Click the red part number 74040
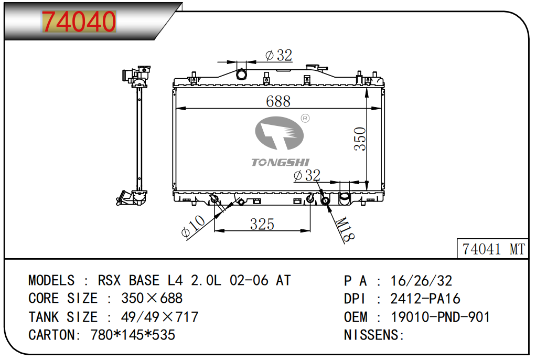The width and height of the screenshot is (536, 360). point(79,21)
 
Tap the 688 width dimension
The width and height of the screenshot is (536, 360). point(278,101)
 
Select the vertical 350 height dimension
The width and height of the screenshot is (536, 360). point(360,139)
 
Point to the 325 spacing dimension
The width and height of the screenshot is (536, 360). point(262,224)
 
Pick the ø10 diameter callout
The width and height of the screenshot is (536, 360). point(193,226)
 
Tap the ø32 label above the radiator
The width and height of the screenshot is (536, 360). point(278,55)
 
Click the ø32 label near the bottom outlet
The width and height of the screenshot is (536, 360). point(307,176)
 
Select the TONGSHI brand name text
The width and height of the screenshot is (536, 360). point(280,162)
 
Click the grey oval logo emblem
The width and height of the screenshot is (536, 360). point(280,133)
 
